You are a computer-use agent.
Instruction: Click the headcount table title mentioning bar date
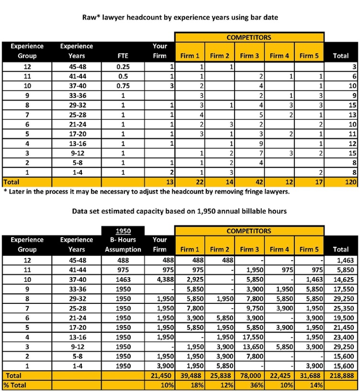click(180, 17)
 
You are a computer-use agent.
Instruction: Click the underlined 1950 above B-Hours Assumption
click(124, 231)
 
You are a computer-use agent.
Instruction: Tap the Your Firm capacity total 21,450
click(163, 375)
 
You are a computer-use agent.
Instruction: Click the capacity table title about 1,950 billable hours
click(180, 211)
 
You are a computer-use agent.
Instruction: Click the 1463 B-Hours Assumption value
click(124, 279)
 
